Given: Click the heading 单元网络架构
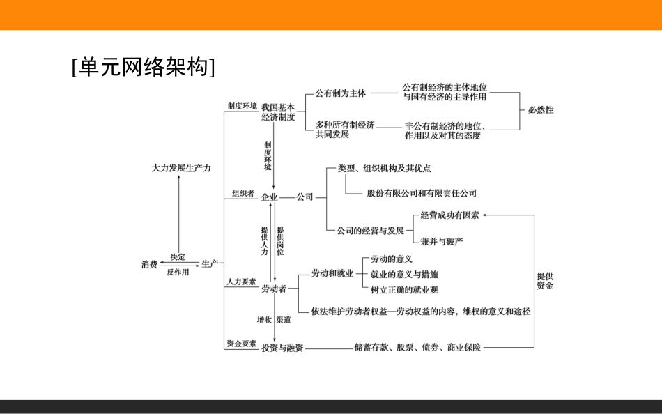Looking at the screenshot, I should point(144,67).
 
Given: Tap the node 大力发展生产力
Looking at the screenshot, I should point(181,169).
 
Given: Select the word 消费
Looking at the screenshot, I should point(149,265).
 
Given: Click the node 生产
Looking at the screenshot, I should point(210,264).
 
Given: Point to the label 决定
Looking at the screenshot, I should point(178,257).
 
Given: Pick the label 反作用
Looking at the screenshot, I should point(178,273).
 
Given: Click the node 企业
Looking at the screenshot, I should point(270,197).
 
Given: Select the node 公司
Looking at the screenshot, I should point(305,197).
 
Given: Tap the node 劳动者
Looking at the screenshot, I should point(274,289).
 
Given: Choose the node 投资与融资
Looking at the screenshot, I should point(282,348).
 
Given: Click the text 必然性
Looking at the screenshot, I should point(541,110).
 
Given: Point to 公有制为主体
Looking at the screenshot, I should point(340,93).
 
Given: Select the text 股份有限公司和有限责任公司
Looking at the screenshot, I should point(422,193).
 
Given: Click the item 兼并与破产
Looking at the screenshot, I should point(442,241).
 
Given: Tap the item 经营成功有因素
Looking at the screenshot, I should point(449,215).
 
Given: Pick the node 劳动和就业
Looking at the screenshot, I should point(332,273).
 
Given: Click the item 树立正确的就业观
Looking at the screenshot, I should point(405,289).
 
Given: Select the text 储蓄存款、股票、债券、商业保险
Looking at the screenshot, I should point(417,347).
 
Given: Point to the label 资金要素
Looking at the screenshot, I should point(241,344).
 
